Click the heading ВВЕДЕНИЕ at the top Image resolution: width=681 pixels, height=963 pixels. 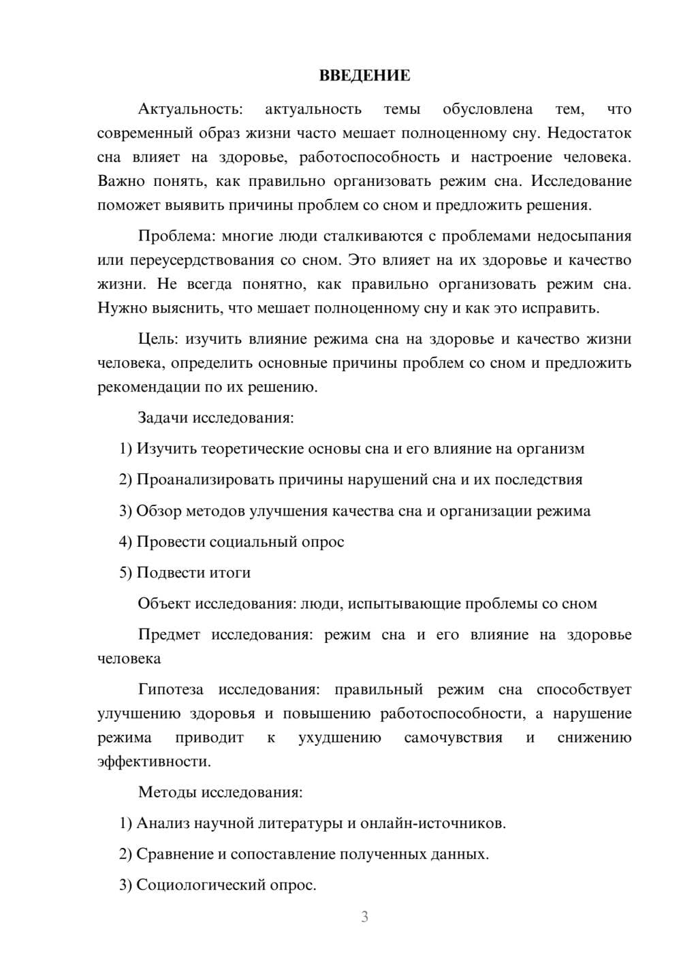pyautogui.click(x=364, y=76)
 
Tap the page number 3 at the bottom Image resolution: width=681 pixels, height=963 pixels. pyautogui.click(x=364, y=917)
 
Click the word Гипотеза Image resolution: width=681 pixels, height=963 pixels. pyautogui.click(x=171, y=690)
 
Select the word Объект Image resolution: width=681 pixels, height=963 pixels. pyautogui.click(x=164, y=603)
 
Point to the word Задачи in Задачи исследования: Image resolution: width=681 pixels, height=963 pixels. pyautogui.click(x=163, y=417)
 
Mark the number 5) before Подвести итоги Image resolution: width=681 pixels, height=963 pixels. pyautogui.click(x=125, y=573)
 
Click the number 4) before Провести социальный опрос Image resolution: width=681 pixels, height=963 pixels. pyautogui.click(x=125, y=542)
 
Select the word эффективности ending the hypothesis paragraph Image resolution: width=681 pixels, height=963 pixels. pyautogui.click(x=154, y=761)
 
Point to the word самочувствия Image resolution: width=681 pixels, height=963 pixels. pyautogui.click(x=453, y=738)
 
